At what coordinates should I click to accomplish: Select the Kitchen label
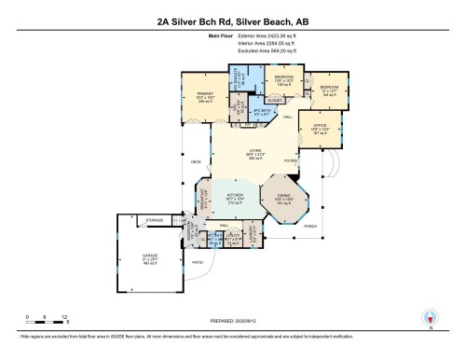coord(234,197)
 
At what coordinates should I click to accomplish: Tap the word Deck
coord(197,162)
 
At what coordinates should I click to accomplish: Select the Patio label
coord(198,262)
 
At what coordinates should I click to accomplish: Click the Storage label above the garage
coord(155,221)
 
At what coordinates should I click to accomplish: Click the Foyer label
coord(290,160)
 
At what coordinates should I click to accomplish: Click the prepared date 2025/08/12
coord(233,320)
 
